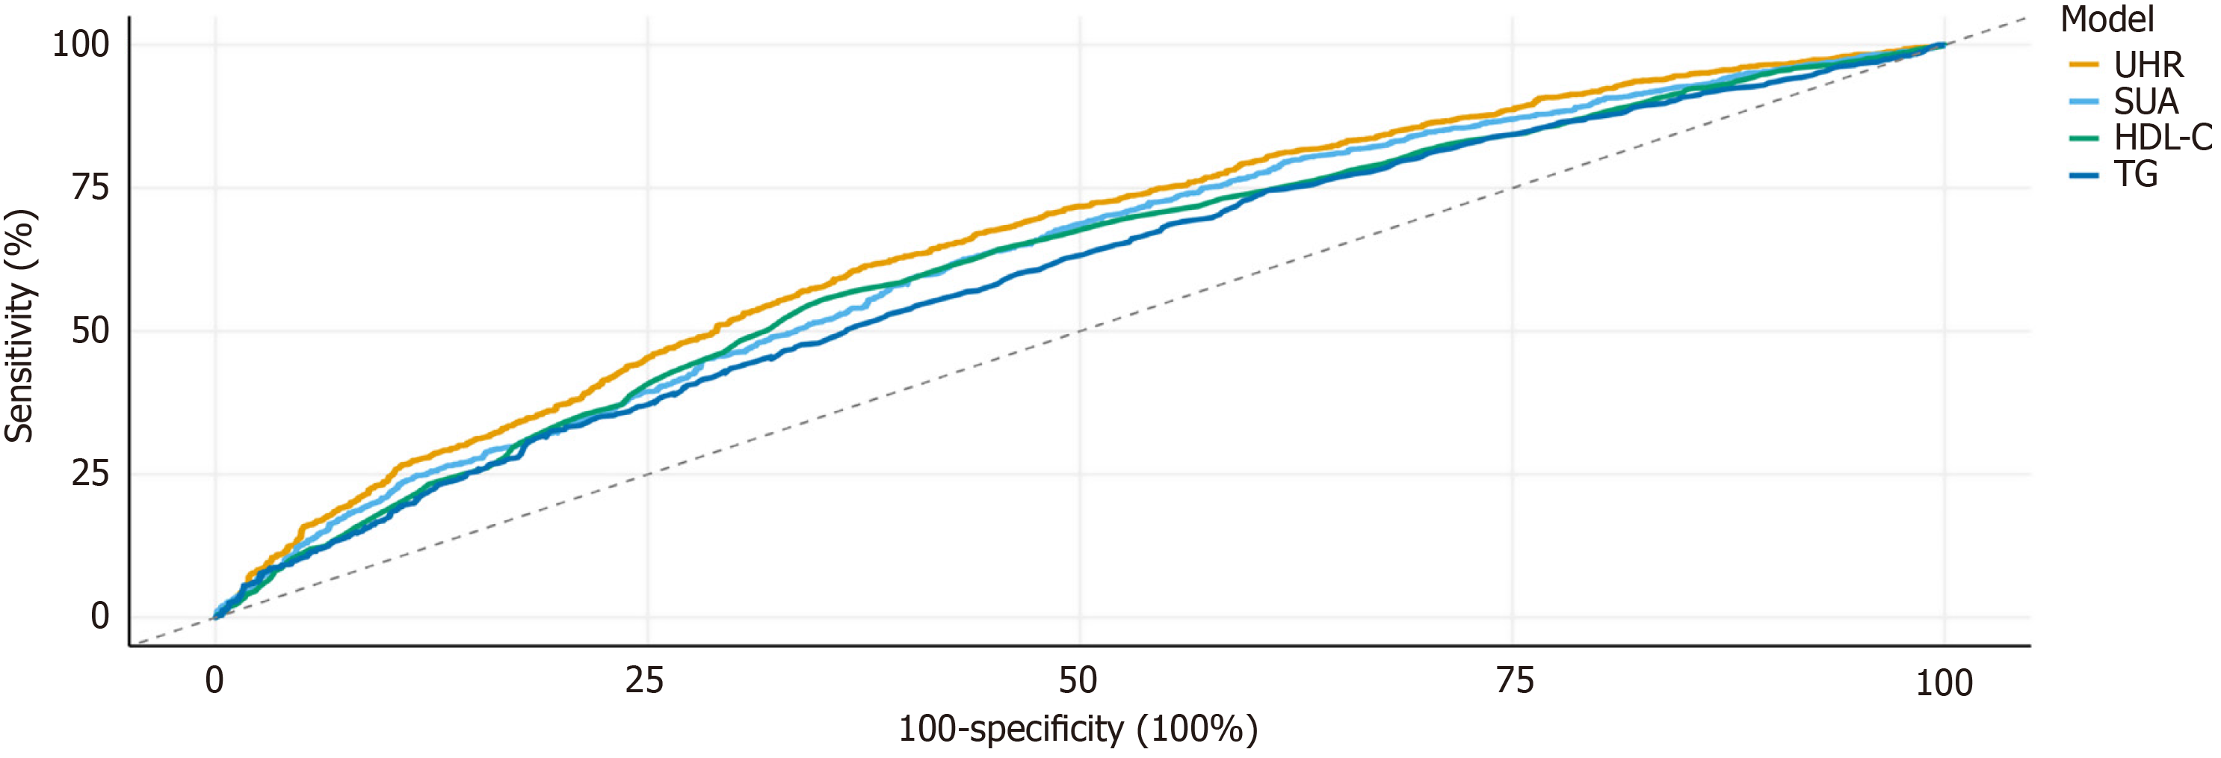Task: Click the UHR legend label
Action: click(x=2148, y=66)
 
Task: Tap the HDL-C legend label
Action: click(x=2163, y=138)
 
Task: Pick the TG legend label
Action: click(x=2136, y=174)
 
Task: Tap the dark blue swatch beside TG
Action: click(x=2083, y=175)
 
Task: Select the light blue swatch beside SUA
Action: click(x=2083, y=102)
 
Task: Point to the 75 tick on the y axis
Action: click(x=90, y=187)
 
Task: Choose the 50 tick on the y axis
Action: click(x=90, y=330)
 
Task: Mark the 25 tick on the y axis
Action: click(x=90, y=473)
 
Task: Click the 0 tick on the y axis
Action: click(x=100, y=616)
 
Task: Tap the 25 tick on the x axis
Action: click(x=645, y=681)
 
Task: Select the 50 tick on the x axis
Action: click(x=1078, y=681)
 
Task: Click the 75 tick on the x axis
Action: click(x=1515, y=681)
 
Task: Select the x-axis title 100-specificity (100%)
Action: click(x=1078, y=730)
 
